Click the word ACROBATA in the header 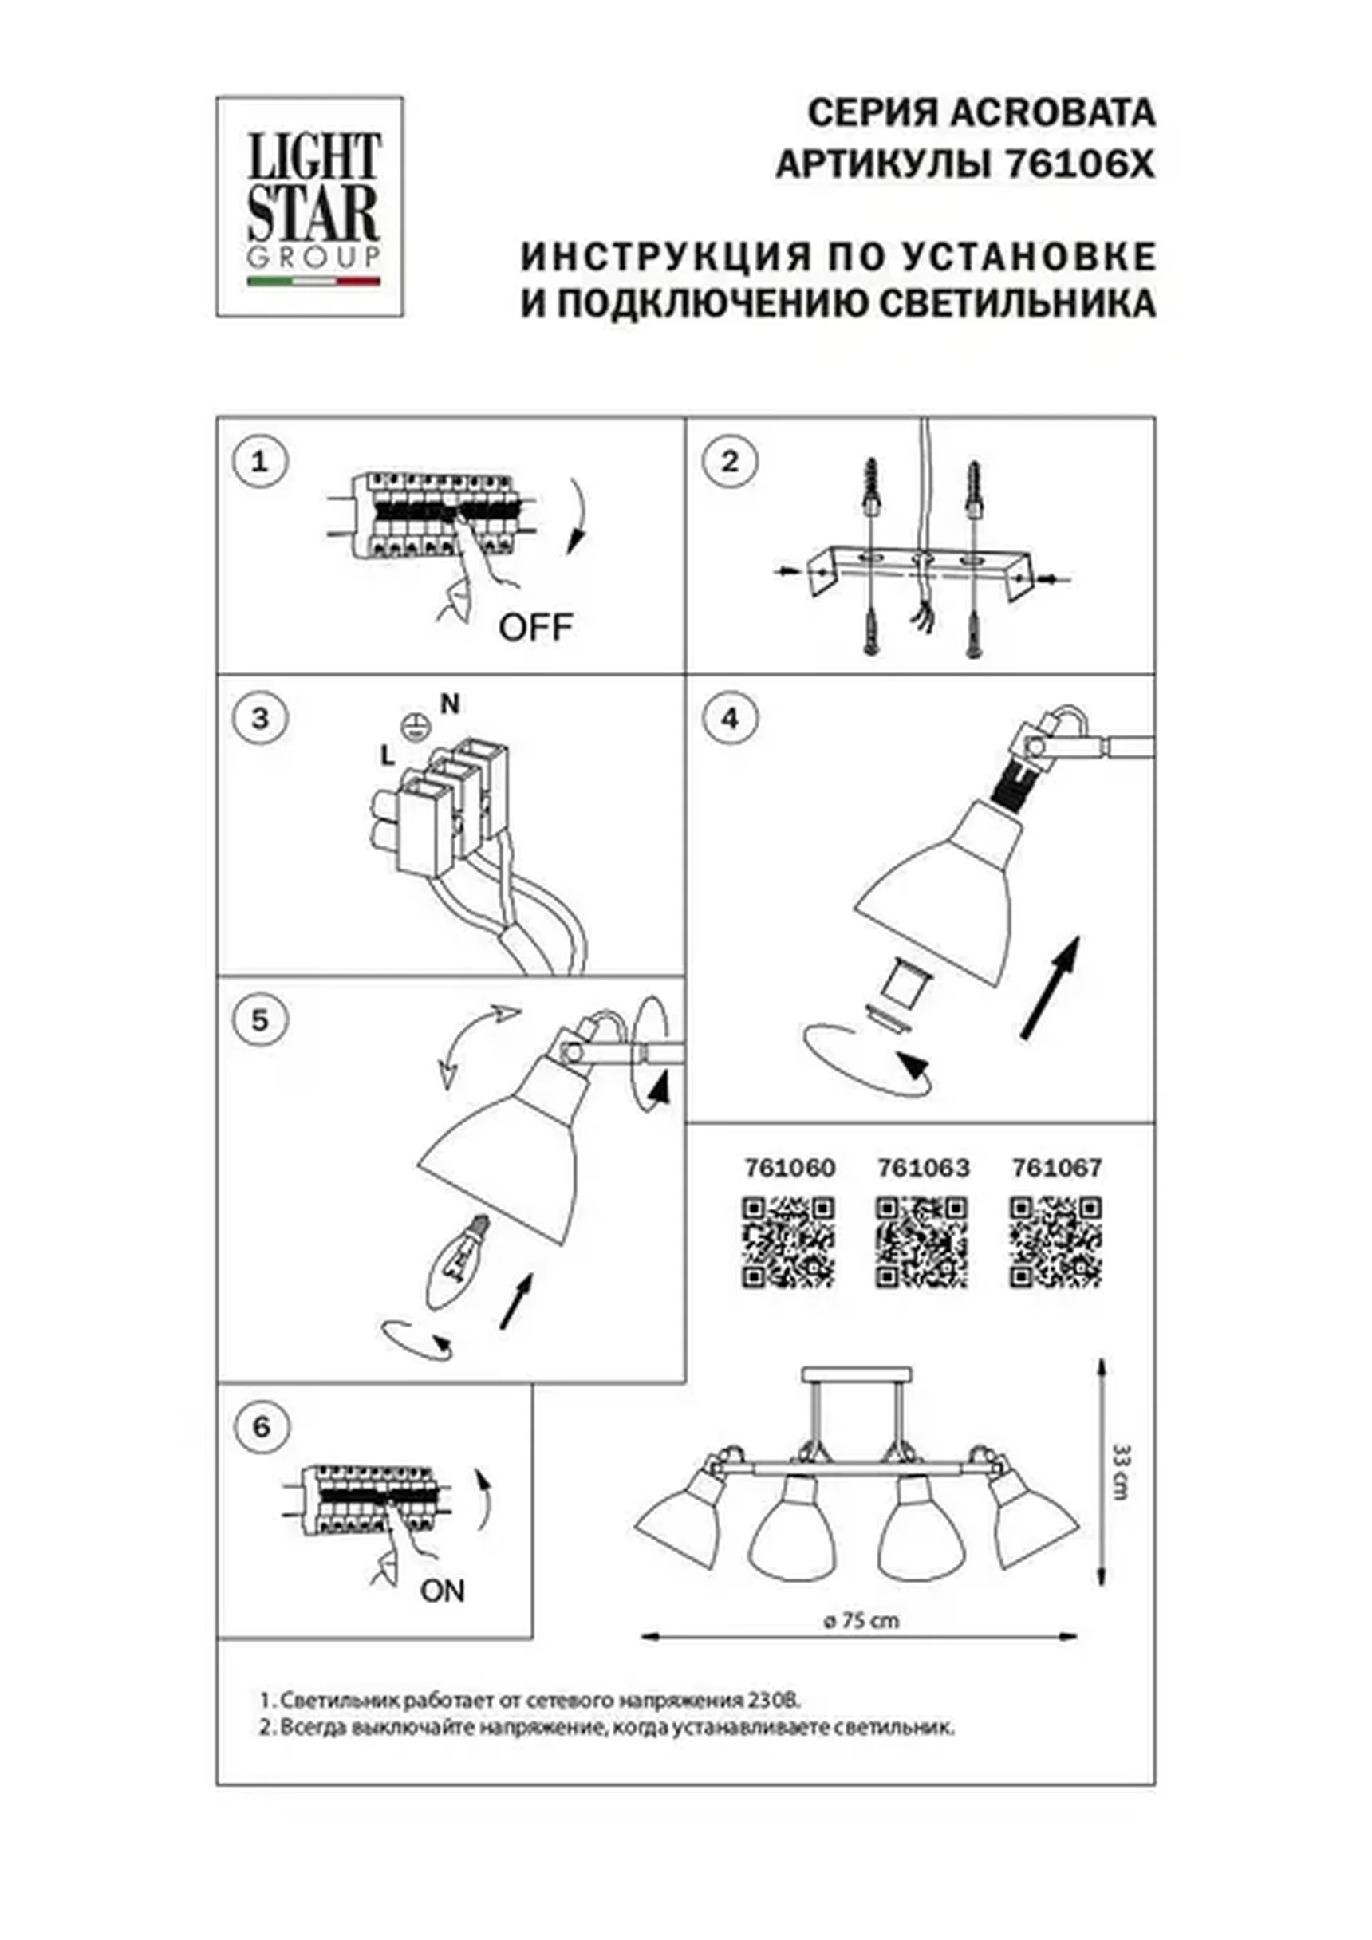pos(1054,113)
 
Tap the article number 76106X pos(1078,166)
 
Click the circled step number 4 pos(730,718)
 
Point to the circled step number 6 pos(261,1427)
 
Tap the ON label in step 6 pos(443,1591)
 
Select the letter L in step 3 pos(388,756)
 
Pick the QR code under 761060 pos(789,1242)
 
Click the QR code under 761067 pos(1056,1242)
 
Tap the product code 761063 pos(924,1168)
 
